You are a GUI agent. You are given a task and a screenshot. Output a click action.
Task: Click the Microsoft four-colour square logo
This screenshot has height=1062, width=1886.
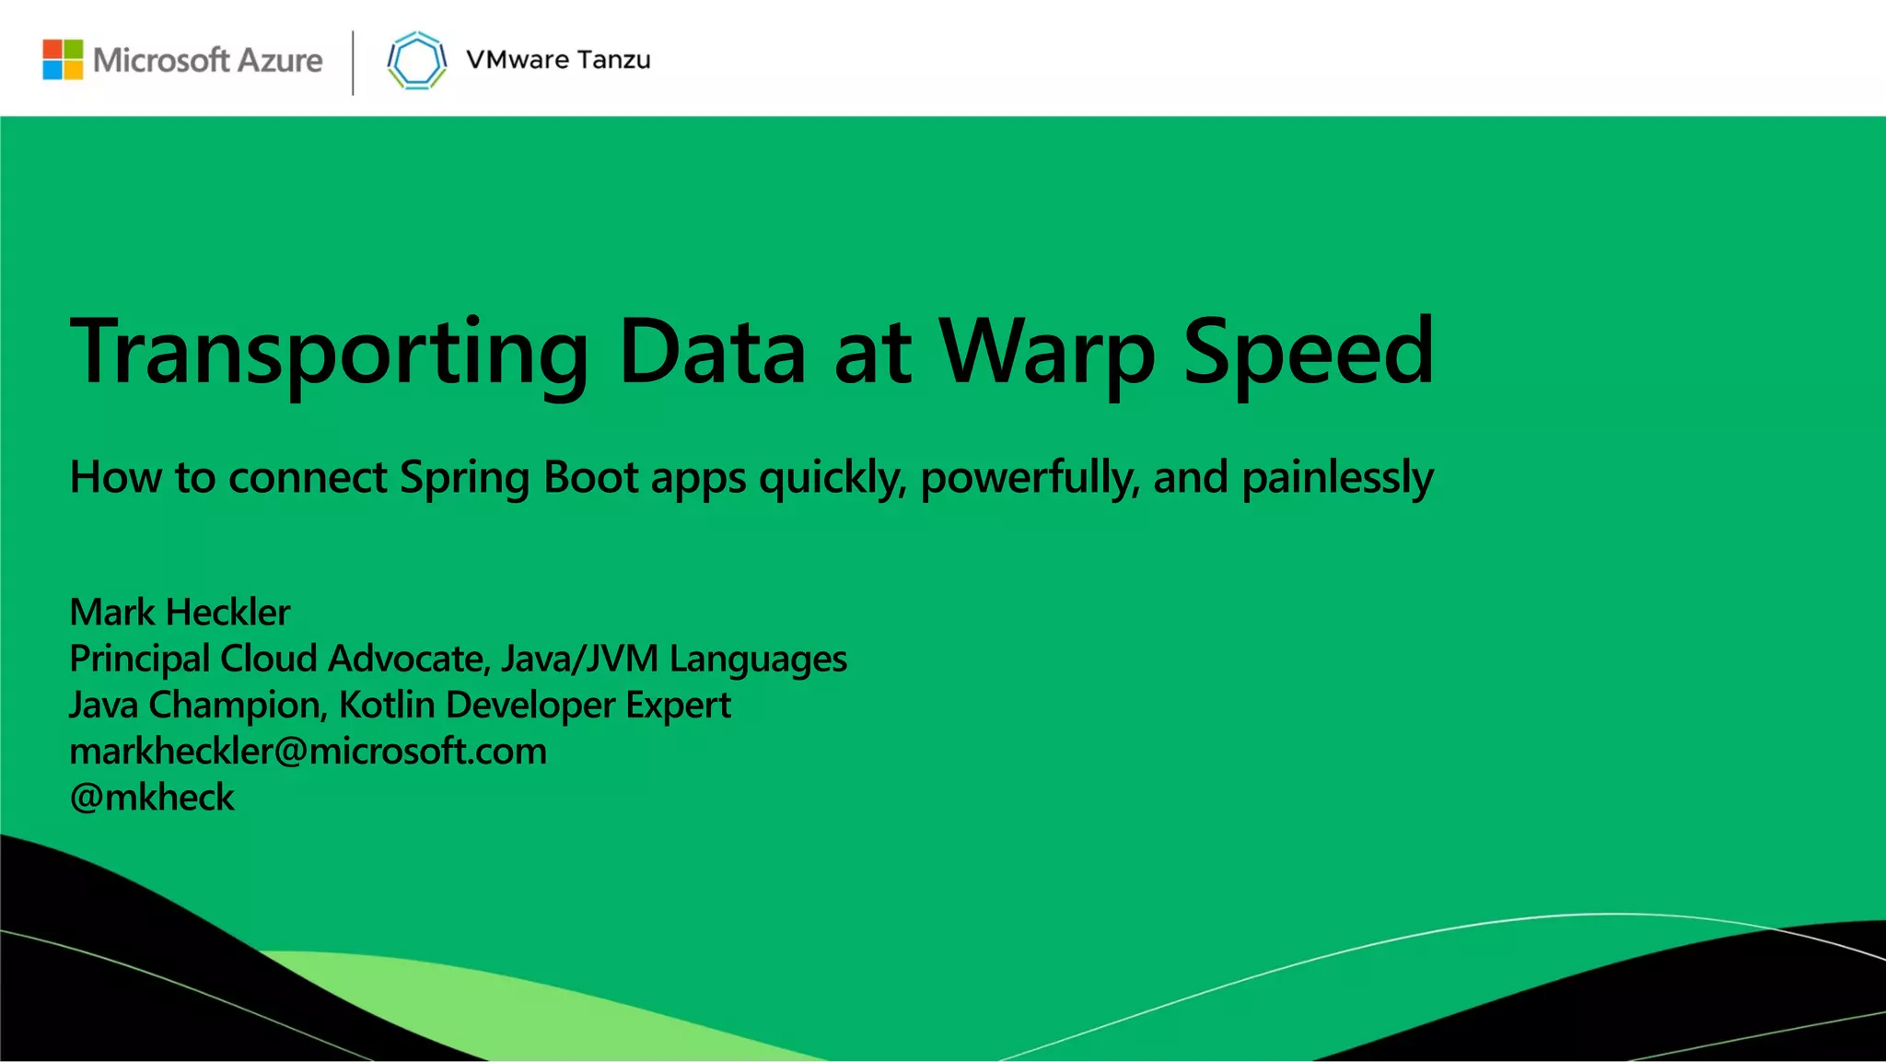[x=63, y=60]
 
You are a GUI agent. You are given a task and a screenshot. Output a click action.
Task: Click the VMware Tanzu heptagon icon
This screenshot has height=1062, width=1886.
[x=417, y=61]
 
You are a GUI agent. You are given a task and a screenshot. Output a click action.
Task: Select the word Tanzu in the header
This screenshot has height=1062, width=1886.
[x=614, y=60]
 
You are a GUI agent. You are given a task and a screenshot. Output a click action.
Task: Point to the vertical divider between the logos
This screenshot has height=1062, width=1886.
[x=353, y=63]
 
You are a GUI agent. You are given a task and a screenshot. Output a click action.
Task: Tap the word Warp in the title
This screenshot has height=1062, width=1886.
[x=1047, y=354]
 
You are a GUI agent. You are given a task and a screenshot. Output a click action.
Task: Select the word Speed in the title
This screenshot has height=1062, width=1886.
[x=1309, y=352]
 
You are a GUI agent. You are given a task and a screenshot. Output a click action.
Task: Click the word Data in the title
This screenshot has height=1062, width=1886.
[x=713, y=352]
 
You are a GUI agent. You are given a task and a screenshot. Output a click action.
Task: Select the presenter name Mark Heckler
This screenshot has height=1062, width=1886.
[x=180, y=613]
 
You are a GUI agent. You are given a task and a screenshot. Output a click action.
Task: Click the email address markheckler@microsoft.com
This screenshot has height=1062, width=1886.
[x=309, y=752]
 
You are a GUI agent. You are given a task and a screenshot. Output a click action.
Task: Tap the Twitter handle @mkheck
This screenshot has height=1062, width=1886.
[x=153, y=798]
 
